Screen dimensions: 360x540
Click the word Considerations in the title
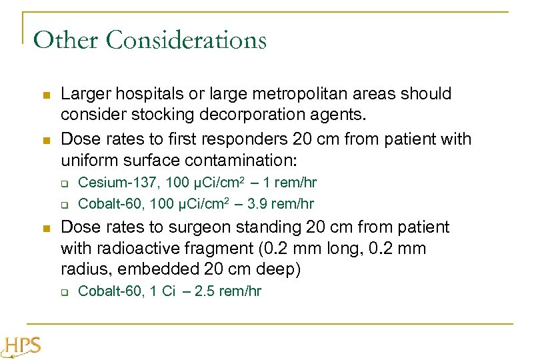[187, 41]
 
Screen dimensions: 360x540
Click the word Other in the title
[66, 41]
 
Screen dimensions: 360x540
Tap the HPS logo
[22, 347]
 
